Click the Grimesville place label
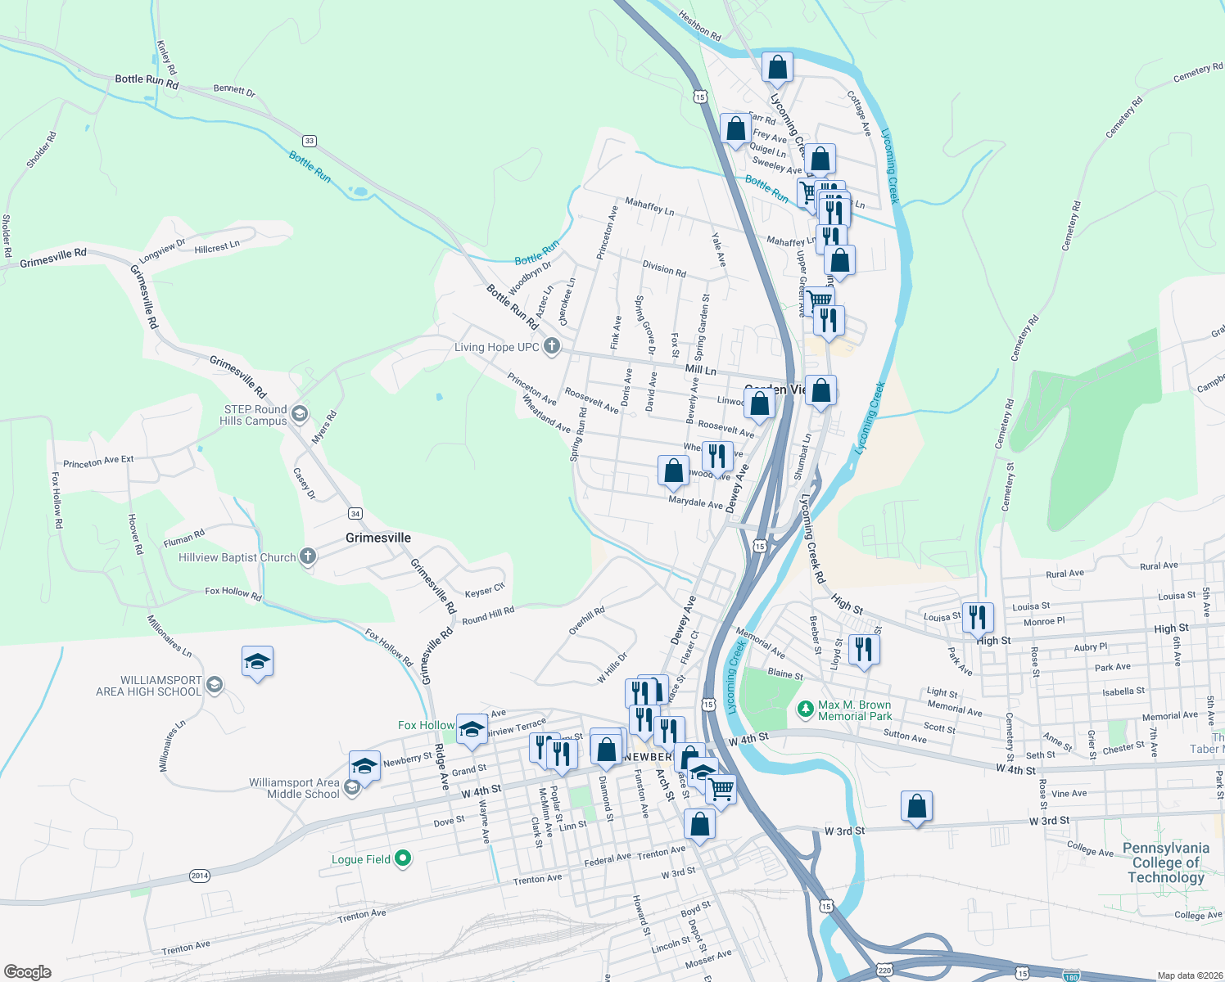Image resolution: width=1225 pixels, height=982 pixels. tap(378, 538)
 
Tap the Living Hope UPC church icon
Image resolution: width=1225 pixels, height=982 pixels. tap(552, 346)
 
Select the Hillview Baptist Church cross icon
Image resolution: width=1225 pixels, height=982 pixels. tap(308, 556)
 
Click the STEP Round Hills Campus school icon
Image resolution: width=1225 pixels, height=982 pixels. tap(299, 414)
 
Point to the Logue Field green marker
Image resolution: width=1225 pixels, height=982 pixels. tap(402, 858)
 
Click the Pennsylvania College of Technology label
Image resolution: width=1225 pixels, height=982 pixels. tap(1166, 863)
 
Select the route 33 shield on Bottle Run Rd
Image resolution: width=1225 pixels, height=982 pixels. tap(309, 141)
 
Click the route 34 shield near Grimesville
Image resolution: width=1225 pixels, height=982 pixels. tap(355, 513)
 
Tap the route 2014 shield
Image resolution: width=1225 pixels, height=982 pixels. tap(200, 876)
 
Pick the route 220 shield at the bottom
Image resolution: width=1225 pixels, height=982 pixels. tap(884, 971)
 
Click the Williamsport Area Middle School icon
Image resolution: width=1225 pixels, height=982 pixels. tap(352, 787)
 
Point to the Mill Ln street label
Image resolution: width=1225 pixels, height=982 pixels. tap(700, 370)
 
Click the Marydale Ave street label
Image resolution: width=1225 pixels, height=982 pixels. tap(695, 502)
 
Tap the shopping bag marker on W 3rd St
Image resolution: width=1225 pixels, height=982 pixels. tap(916, 806)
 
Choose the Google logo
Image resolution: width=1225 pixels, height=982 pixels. tap(28, 972)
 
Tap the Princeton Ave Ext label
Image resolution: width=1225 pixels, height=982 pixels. tap(98, 462)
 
